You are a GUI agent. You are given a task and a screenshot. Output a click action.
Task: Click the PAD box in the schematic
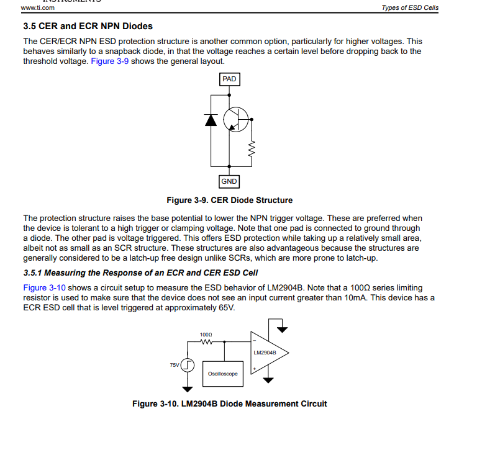pos(229,79)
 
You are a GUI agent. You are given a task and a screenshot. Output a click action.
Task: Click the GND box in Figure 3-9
pos(229,182)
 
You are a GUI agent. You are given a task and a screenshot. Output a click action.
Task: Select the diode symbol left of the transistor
pos(211,120)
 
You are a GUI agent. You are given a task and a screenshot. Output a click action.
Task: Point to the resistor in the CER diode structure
pos(252,148)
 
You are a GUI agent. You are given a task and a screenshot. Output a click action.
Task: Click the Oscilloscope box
pos(222,374)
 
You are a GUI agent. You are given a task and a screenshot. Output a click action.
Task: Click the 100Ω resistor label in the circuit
pos(206,335)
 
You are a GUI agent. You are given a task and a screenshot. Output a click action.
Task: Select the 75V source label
pos(175,366)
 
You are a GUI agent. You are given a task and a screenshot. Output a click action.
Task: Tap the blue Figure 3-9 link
pos(110,62)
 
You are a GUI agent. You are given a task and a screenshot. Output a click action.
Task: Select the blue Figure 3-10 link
pos(43,288)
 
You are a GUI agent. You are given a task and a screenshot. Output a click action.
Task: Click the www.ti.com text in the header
pos(37,8)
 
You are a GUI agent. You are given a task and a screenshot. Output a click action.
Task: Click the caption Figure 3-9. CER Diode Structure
pos(229,200)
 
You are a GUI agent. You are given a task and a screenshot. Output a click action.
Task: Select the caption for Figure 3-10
pos(229,404)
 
